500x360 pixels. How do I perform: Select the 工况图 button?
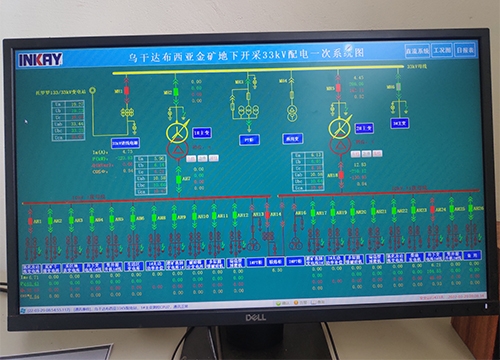[x=437, y=48]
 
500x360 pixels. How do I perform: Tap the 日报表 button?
[x=464, y=48]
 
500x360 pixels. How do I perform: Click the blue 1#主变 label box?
[x=200, y=132]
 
